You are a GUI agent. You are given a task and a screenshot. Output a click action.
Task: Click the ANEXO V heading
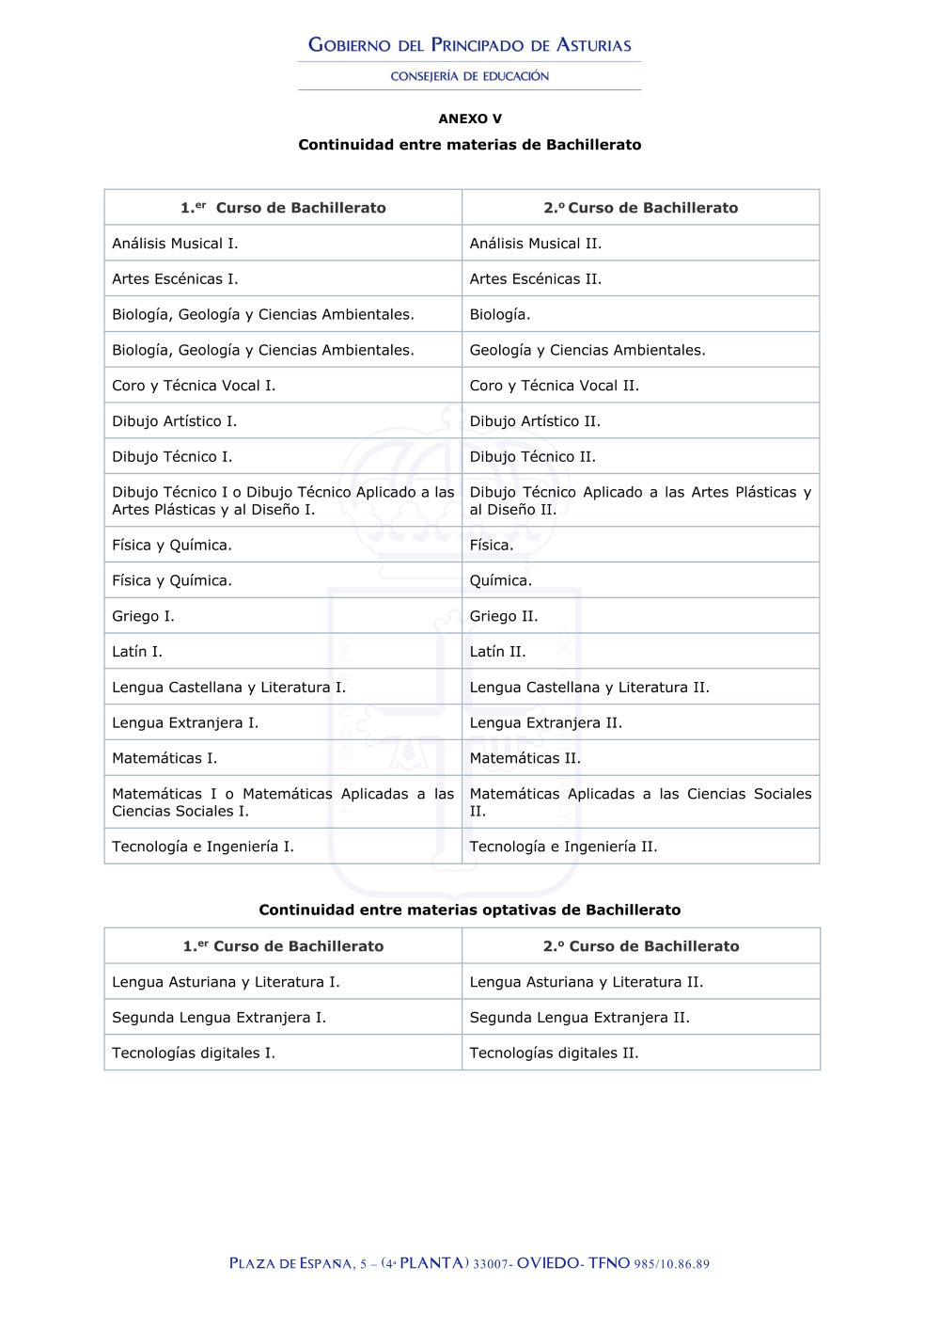click(x=470, y=119)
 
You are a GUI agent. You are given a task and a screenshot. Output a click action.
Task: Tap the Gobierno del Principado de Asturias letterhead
click(x=470, y=45)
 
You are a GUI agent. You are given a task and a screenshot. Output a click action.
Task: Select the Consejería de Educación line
click(x=470, y=76)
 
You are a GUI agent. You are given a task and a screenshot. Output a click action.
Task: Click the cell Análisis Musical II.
click(x=536, y=244)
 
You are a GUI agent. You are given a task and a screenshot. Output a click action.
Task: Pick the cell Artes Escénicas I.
click(x=175, y=279)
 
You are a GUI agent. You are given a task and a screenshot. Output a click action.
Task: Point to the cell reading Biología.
click(x=500, y=314)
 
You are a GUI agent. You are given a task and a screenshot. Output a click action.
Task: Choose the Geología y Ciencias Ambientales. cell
click(x=587, y=350)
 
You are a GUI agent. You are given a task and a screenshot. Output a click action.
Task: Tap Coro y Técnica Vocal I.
click(x=194, y=386)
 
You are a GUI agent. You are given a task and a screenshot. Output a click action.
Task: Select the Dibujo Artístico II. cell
click(x=535, y=421)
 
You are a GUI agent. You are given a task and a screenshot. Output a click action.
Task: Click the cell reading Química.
click(x=501, y=580)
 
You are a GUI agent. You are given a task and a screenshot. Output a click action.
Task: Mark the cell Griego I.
click(x=143, y=616)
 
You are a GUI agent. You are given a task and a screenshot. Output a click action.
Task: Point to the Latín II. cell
click(x=498, y=652)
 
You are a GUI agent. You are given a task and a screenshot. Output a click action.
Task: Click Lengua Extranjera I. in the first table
click(x=185, y=723)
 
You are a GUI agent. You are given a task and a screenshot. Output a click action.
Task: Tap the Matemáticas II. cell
click(x=525, y=758)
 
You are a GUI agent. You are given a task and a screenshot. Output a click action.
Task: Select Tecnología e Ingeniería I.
click(x=203, y=847)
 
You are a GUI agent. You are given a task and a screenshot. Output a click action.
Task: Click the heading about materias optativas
click(x=470, y=910)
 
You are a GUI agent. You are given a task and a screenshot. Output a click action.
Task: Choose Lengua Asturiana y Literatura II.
click(x=587, y=982)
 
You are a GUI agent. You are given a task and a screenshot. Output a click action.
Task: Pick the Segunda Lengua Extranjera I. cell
click(x=219, y=1018)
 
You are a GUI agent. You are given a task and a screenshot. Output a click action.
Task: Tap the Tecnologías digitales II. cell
click(x=555, y=1053)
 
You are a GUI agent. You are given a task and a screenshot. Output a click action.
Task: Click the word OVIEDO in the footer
click(x=548, y=1263)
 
